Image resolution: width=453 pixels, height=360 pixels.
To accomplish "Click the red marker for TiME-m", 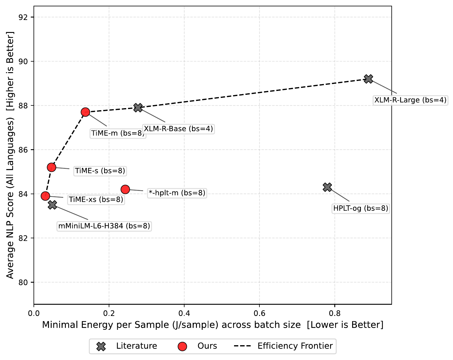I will tap(85, 112).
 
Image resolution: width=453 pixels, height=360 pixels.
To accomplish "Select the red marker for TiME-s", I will tap(52, 167).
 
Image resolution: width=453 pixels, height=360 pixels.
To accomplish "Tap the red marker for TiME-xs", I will tap(45, 196).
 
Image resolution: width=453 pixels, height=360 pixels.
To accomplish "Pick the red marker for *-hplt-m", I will tap(125, 189).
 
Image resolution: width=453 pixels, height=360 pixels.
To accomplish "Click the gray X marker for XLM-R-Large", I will tap(368, 79).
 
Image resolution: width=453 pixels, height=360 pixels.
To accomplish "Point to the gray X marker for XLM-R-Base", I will tap(138, 107).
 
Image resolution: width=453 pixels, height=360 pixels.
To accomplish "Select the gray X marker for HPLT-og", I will tap(327, 187).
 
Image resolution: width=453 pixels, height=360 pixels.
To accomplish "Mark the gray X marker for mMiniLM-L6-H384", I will tap(53, 204).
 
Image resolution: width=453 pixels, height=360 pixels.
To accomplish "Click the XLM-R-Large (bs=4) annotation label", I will tap(410, 100).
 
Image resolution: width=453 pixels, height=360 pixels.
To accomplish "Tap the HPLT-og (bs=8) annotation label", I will tap(361, 208).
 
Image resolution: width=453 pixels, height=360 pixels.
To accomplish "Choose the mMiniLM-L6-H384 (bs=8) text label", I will tap(104, 226).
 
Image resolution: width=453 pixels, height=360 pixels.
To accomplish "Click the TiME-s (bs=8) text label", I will tap(100, 171).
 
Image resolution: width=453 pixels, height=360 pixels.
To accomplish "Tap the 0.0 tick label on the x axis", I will tap(34, 312).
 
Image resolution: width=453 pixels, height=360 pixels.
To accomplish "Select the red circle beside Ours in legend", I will tap(182, 346).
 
